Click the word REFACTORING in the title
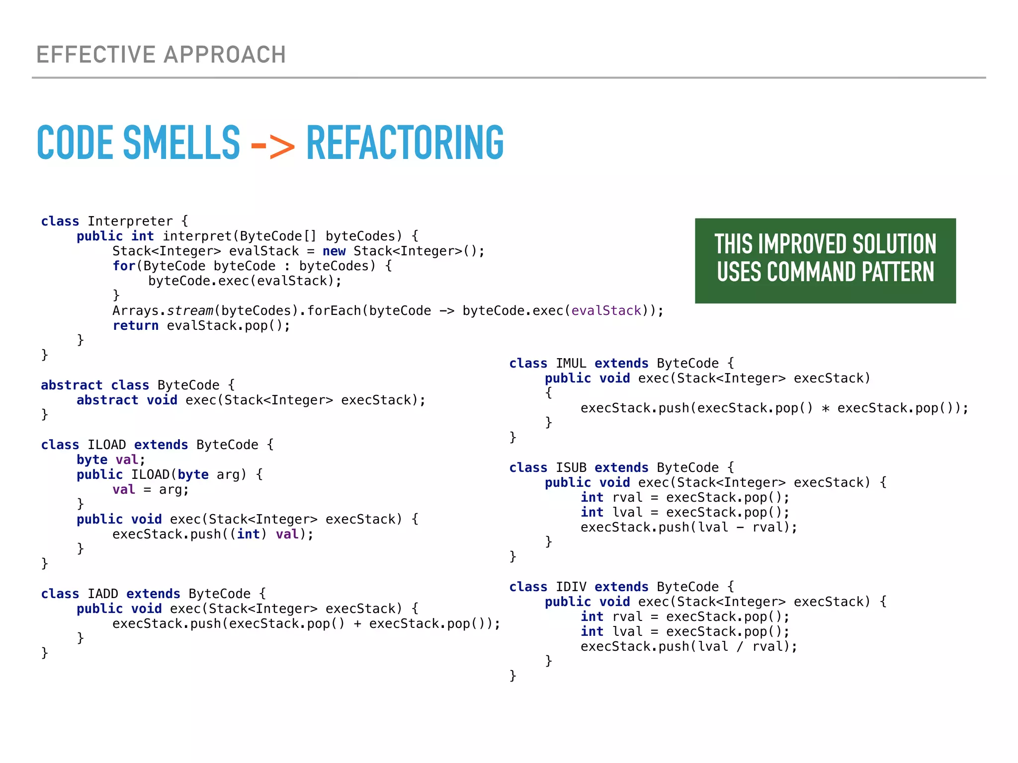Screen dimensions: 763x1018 pos(405,143)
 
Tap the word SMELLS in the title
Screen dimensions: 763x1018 pos(181,143)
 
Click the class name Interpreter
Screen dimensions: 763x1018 pos(130,221)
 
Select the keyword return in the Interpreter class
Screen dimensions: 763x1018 pos(135,325)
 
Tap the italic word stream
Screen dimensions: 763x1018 pos(190,310)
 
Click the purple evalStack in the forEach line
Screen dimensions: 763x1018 pos(606,310)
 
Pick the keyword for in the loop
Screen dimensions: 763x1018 pos(123,266)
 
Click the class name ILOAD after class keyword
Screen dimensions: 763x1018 pos(107,445)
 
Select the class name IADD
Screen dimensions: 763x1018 pos(103,594)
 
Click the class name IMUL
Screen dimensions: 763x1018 pos(571,363)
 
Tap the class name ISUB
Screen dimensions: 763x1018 pos(571,467)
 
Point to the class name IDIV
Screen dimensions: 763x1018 pos(571,587)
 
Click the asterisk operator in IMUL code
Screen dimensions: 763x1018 pos(825,408)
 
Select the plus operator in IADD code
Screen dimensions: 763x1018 pos(357,624)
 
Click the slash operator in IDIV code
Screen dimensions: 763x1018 pos(740,646)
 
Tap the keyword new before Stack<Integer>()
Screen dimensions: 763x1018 pos(334,251)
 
